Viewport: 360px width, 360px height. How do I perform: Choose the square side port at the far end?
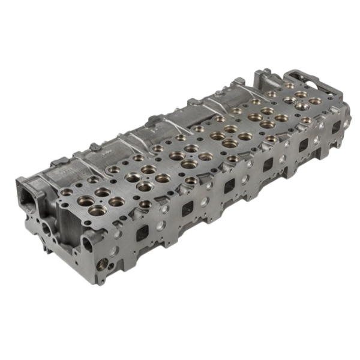pyautogui.click(x=336, y=127)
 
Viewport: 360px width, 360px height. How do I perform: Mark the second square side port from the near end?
pyautogui.click(x=187, y=208)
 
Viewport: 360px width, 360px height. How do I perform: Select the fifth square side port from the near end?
pyautogui.click(x=304, y=145)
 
